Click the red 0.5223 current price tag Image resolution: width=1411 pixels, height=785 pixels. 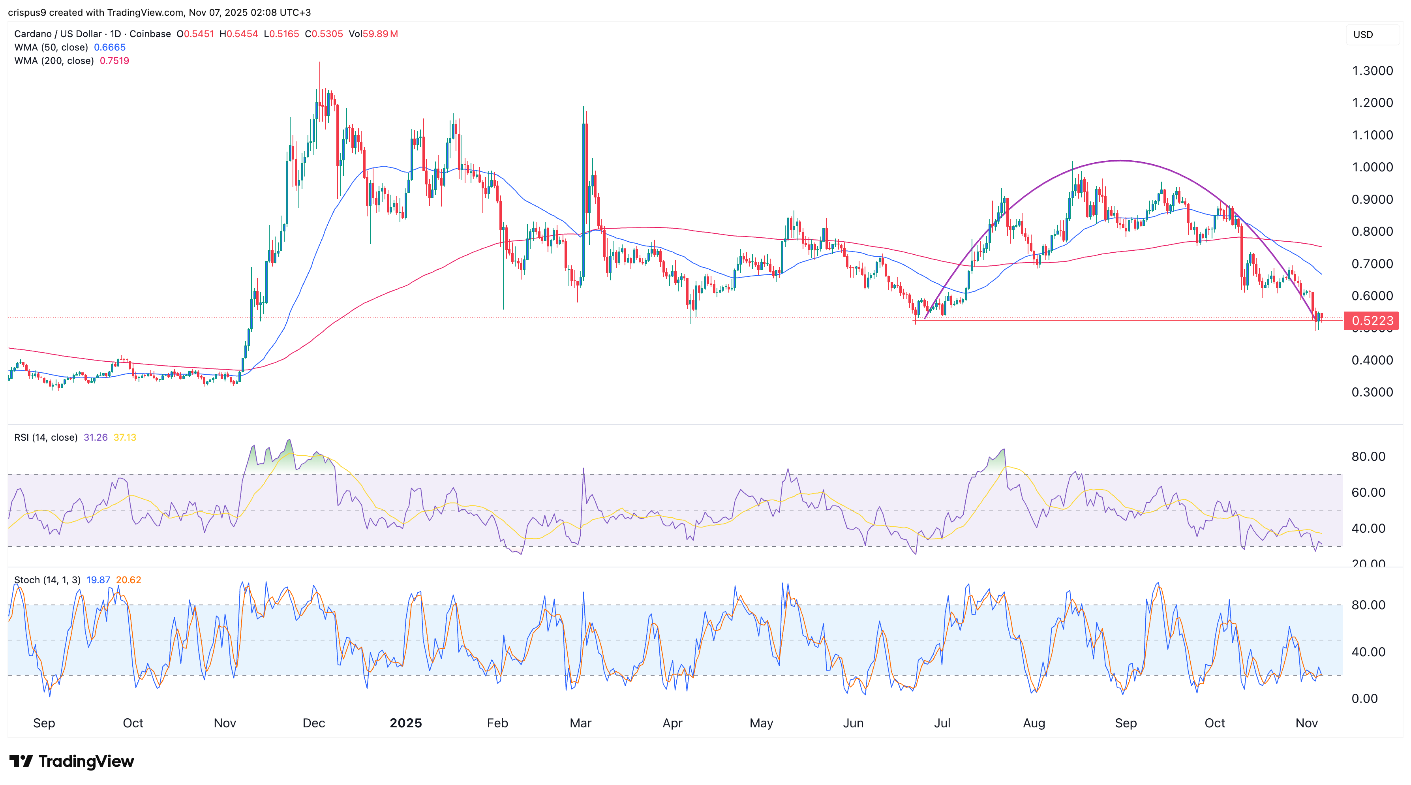(1372, 321)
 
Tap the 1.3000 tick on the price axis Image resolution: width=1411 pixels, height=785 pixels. (1372, 71)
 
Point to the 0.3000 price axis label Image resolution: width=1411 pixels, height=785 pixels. (1372, 392)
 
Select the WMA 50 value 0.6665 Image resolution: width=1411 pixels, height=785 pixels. (109, 47)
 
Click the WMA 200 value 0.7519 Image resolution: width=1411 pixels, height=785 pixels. (114, 61)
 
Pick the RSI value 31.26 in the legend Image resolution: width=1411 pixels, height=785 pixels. (95, 437)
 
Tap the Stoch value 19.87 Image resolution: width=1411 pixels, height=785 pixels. (98, 580)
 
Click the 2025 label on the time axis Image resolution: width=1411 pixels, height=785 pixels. (405, 723)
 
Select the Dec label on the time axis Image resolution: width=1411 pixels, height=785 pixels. (313, 723)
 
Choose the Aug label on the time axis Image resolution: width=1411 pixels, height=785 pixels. (1034, 723)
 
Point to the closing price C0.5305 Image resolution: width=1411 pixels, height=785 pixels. (324, 34)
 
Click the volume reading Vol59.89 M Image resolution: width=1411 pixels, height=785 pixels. (373, 34)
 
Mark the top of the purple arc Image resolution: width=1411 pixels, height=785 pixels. (1120, 160)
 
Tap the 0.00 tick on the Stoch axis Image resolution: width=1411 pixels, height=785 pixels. (1364, 699)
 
